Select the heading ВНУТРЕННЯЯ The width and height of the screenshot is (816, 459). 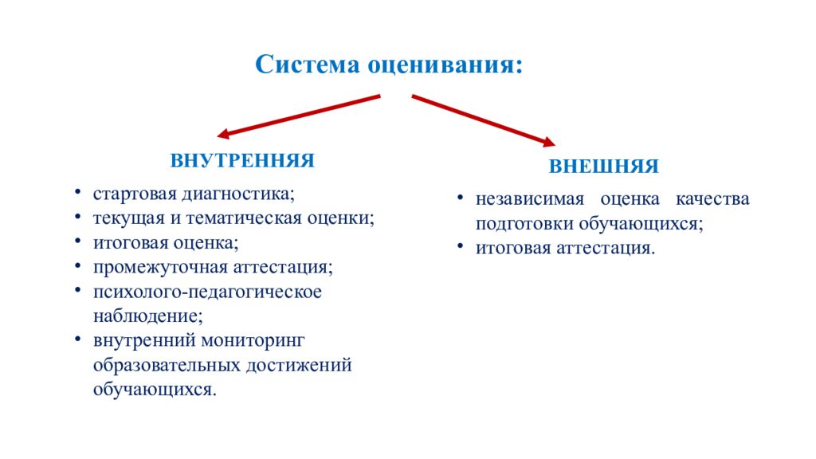coord(242,160)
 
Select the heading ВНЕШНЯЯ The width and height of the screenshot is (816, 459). coord(603,167)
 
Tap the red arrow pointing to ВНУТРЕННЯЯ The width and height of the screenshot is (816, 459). coord(299,116)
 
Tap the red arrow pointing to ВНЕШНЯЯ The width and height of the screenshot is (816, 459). coord(483,121)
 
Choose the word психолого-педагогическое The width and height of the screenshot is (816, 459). coord(207,291)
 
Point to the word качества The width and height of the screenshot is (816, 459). coord(712,198)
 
